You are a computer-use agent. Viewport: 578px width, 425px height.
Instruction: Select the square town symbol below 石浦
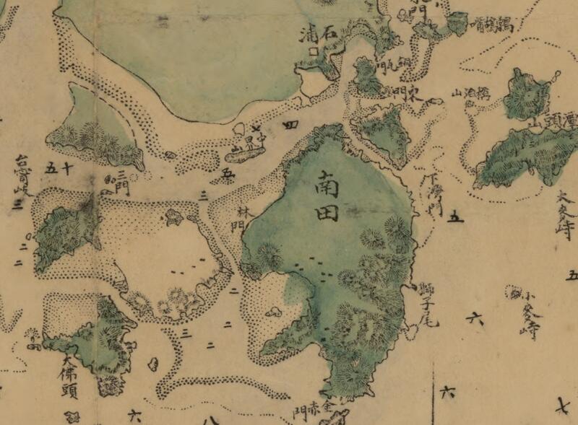click(x=314, y=51)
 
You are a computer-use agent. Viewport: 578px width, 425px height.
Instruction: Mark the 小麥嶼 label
click(x=531, y=314)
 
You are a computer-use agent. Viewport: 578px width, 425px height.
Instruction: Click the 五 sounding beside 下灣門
click(x=454, y=216)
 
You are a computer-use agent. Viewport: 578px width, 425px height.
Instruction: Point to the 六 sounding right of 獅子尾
click(x=475, y=317)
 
